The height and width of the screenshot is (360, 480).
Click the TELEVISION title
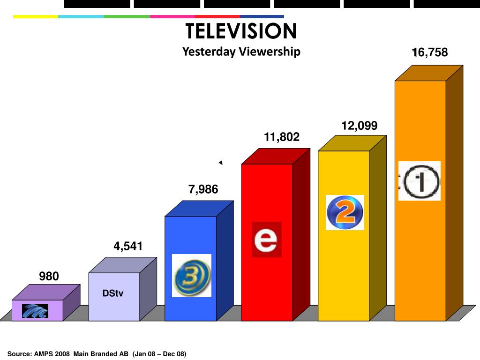pos(241,31)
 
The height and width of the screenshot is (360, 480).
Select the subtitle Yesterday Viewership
pos(241,51)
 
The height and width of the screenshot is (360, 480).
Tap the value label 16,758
pos(430,52)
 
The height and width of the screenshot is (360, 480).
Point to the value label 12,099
pos(359,126)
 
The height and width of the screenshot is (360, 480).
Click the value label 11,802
pos(281,137)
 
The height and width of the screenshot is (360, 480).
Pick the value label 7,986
pos(203,189)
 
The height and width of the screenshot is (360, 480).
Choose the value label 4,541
pos(127,246)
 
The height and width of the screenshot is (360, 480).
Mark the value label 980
pos(49,277)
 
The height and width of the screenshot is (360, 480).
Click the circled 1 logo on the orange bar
pos(420,181)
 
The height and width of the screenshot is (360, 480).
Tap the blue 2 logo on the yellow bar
pos(345,212)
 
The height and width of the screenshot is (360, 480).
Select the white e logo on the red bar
pos(266,240)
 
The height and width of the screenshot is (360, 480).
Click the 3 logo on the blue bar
pos(192,276)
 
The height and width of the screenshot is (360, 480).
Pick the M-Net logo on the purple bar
pos(37,310)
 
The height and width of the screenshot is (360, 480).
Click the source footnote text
pos(97,354)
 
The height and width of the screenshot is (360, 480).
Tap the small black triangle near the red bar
pos(220,163)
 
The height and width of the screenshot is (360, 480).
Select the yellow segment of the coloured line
pos(36,17)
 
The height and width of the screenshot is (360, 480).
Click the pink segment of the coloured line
pos(172,17)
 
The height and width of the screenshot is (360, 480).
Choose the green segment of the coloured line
pos(127,17)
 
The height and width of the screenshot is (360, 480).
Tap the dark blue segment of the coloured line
pos(262,17)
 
